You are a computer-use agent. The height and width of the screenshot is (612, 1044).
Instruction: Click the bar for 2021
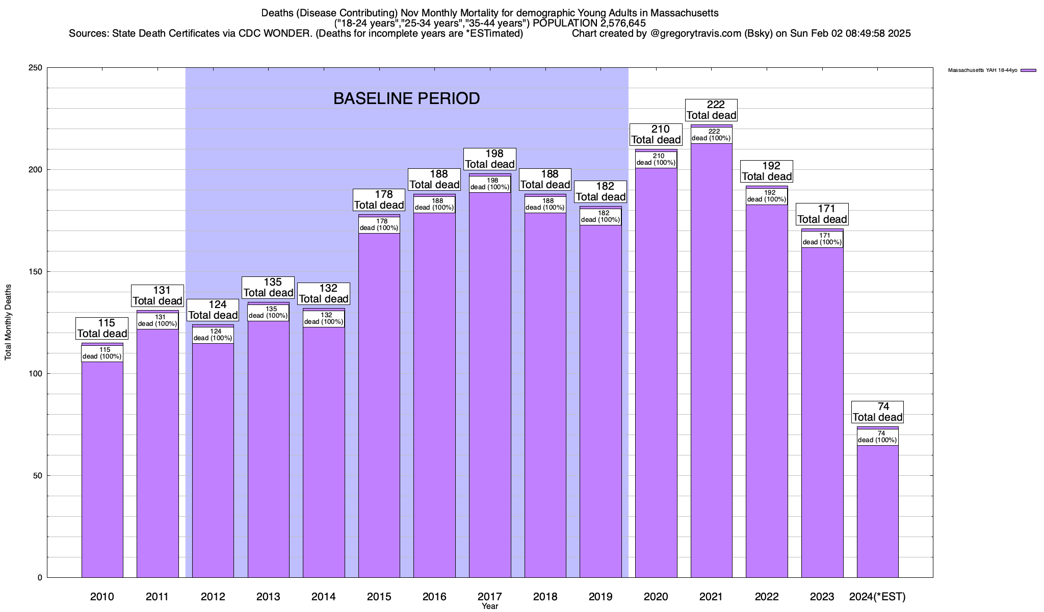(x=711, y=357)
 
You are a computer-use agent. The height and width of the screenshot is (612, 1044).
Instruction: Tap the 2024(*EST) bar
(x=877, y=510)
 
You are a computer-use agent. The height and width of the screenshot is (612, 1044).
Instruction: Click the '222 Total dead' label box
(x=711, y=110)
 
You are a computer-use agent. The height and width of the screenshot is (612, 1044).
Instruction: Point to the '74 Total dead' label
(x=877, y=412)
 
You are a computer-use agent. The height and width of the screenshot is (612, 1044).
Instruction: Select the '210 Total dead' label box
(x=656, y=135)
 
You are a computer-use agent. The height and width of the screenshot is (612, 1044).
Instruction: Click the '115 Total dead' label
(x=102, y=328)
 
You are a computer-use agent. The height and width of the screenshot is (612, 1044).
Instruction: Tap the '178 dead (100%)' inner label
(x=379, y=225)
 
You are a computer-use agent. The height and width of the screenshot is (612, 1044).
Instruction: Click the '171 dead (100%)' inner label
(x=822, y=239)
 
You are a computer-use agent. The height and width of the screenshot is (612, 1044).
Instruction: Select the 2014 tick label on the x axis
(x=324, y=597)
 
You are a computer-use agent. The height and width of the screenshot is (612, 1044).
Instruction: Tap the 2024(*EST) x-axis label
(x=877, y=597)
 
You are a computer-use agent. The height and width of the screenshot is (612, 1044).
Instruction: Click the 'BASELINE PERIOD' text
(x=406, y=98)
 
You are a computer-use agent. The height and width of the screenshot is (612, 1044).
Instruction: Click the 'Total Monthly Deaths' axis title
(x=8, y=322)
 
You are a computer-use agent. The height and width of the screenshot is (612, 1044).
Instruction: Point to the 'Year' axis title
(x=490, y=606)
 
